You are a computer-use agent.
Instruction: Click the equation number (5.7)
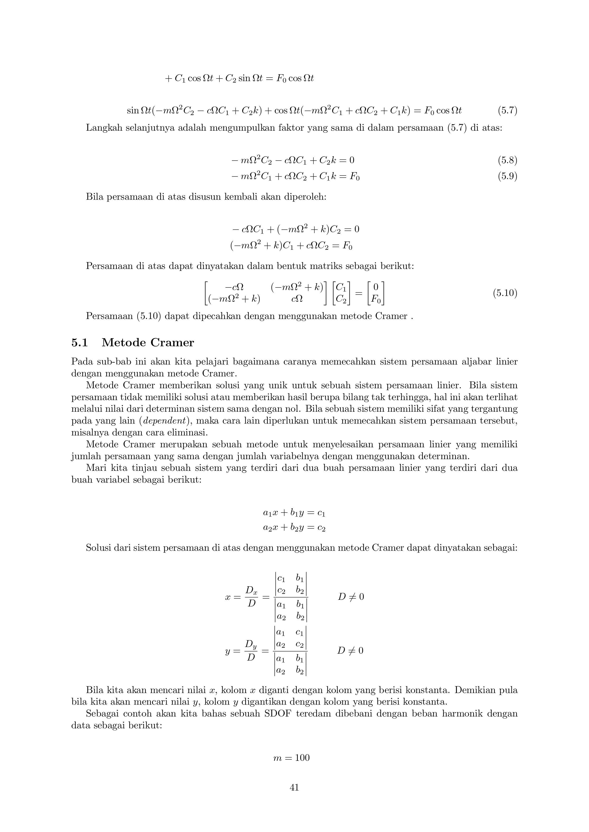point(507,110)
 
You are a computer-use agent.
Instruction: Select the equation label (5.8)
point(507,160)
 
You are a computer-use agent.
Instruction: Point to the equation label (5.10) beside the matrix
point(505,293)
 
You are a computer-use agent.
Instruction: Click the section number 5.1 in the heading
point(80,342)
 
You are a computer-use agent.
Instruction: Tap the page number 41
point(294,787)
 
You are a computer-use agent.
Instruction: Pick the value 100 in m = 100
point(302,758)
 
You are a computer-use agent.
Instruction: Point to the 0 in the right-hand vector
point(376,287)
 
